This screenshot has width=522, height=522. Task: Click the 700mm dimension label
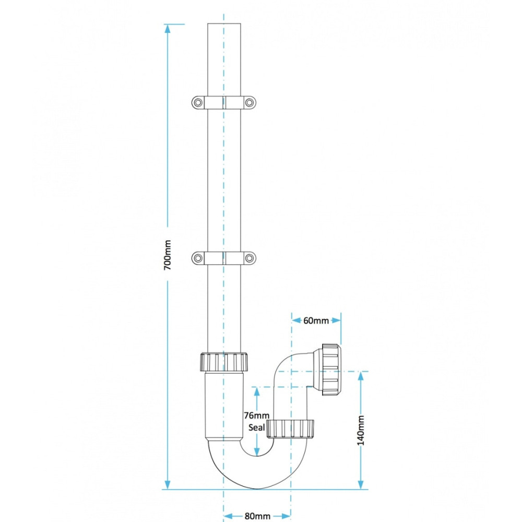[x=168, y=255]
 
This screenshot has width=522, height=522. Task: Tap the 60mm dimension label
[x=316, y=321]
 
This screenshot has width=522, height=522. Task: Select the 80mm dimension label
[x=257, y=516]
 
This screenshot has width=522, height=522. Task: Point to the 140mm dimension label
[x=361, y=430]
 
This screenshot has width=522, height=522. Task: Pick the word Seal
[x=257, y=427]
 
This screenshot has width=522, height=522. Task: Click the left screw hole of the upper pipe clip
[x=198, y=102]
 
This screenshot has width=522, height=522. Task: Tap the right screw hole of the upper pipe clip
[x=249, y=102]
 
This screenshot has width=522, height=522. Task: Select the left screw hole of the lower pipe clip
[x=198, y=258]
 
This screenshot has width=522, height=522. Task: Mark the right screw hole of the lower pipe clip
[x=249, y=258]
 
